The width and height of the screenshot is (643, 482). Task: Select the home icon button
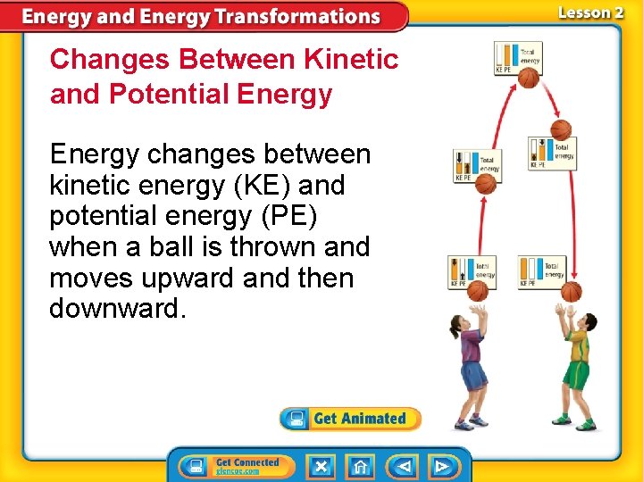(x=360, y=466)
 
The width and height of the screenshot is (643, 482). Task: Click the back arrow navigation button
(x=404, y=466)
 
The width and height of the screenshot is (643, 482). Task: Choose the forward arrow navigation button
(x=442, y=466)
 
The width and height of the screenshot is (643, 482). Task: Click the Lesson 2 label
(x=590, y=12)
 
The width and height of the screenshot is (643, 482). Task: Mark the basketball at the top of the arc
(x=530, y=79)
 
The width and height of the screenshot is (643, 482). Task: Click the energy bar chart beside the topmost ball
(x=518, y=57)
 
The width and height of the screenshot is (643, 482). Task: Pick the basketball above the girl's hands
(x=480, y=291)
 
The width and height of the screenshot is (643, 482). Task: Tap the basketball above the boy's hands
(x=572, y=291)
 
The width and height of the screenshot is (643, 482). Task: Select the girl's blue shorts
(x=473, y=376)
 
